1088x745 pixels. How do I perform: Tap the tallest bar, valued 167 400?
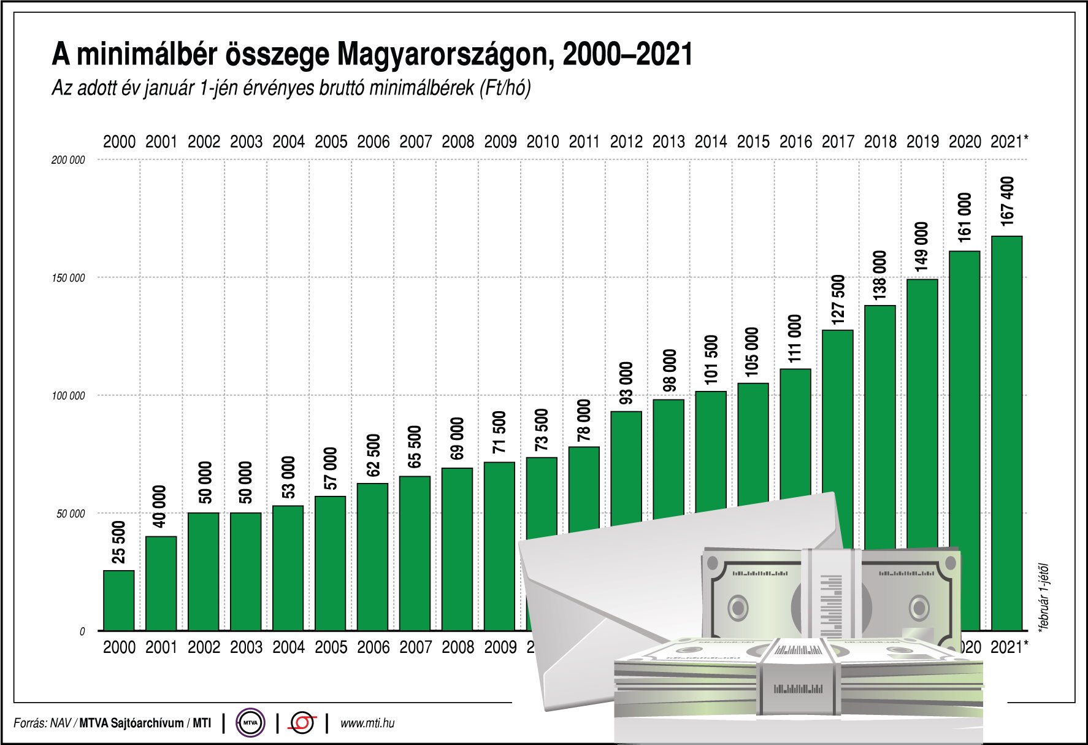click(x=1006, y=430)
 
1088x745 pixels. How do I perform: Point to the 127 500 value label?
click(x=838, y=299)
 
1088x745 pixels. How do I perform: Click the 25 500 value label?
click(x=119, y=541)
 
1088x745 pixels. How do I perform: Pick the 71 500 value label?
click(x=500, y=432)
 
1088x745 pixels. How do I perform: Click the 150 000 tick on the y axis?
click(x=68, y=278)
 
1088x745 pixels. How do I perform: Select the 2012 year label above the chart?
click(x=626, y=142)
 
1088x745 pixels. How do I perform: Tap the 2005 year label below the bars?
click(x=331, y=647)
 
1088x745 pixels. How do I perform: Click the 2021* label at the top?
click(x=1009, y=142)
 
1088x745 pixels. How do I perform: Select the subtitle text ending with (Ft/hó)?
click(x=291, y=88)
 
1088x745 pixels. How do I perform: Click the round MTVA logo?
click(x=250, y=723)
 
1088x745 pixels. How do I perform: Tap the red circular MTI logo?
click(x=302, y=723)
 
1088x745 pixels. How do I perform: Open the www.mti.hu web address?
click(x=367, y=723)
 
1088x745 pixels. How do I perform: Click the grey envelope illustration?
click(x=613, y=589)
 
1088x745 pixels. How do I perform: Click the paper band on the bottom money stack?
click(x=798, y=678)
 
